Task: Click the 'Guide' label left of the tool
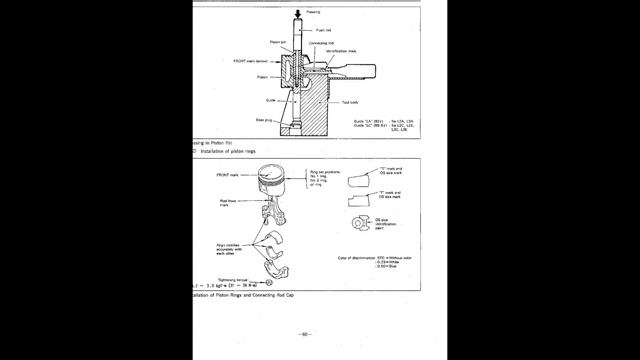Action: (271, 100)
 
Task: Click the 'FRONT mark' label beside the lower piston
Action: (229, 176)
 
